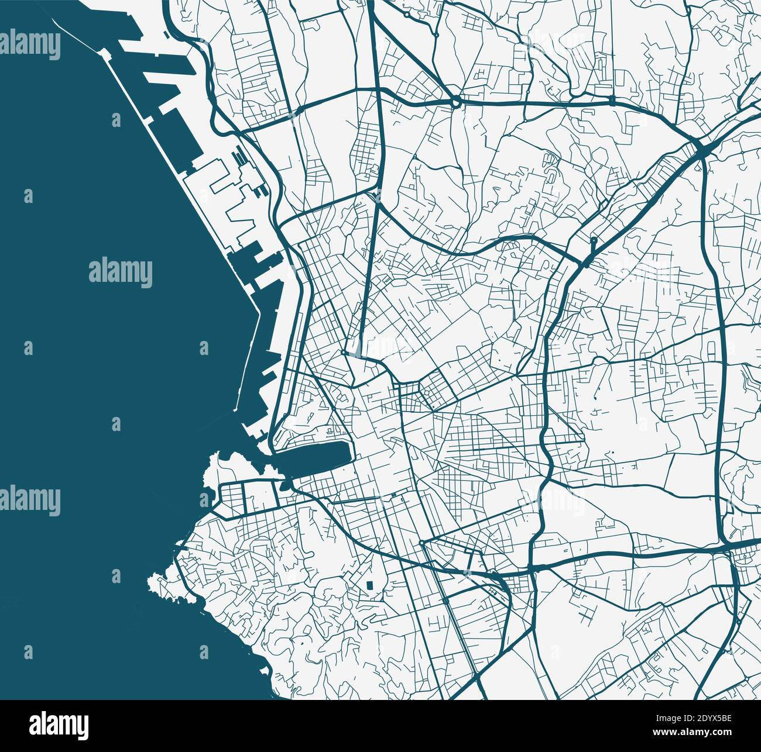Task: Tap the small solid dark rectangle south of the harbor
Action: (369, 585)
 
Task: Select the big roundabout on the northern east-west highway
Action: (455, 103)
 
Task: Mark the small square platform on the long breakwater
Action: (105, 54)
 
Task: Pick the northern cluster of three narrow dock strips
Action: (241, 158)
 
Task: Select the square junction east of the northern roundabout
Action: (611, 101)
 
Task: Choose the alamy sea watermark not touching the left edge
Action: (121, 272)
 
